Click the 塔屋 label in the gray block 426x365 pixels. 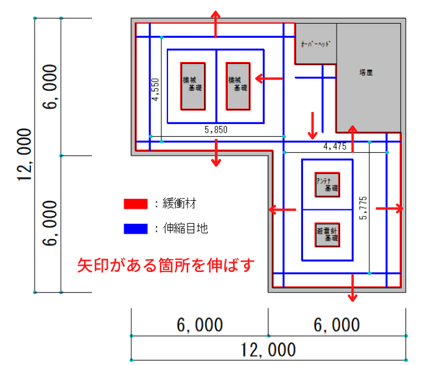[366, 72]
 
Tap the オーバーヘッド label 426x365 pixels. [315, 44]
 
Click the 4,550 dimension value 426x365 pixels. [155, 89]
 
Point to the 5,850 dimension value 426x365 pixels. [215, 130]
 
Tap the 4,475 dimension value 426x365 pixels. [335, 146]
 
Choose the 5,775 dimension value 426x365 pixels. [364, 208]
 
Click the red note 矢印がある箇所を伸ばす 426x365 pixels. [165, 266]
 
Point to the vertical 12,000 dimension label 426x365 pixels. [25, 155]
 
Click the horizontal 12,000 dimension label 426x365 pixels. [268, 350]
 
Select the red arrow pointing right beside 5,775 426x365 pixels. [389, 209]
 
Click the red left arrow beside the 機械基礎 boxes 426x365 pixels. [268, 78]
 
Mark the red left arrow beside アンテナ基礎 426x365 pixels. [283, 210]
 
